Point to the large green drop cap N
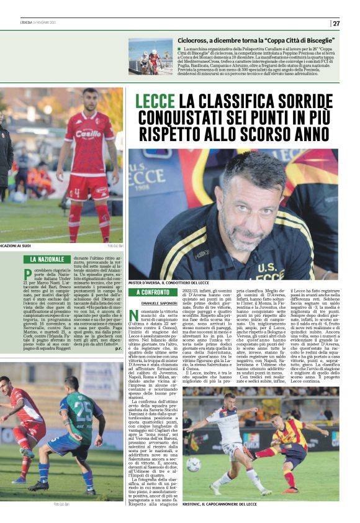click(x=133, y=317)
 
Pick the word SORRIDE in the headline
click(x=295, y=101)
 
